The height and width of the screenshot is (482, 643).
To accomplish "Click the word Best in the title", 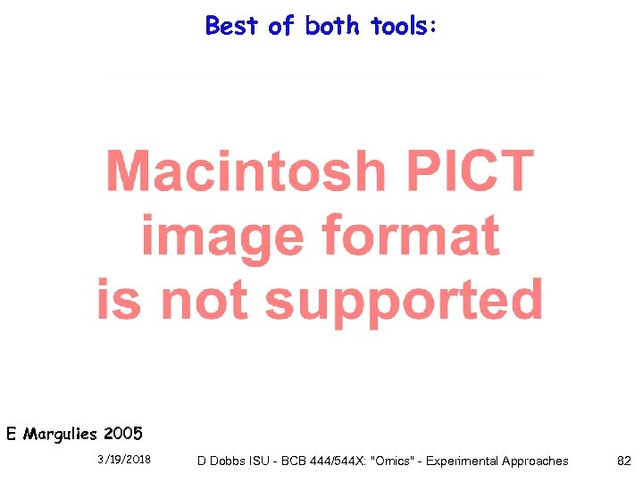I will tap(232, 26).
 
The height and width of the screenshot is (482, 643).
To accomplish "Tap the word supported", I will tap(404, 300).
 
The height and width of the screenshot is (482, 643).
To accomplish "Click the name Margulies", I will tap(61, 436).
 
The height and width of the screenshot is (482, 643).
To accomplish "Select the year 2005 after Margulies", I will tap(122, 435).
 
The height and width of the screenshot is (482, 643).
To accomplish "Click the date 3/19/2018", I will tap(124, 461).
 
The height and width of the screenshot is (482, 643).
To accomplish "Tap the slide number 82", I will tap(624, 461).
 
